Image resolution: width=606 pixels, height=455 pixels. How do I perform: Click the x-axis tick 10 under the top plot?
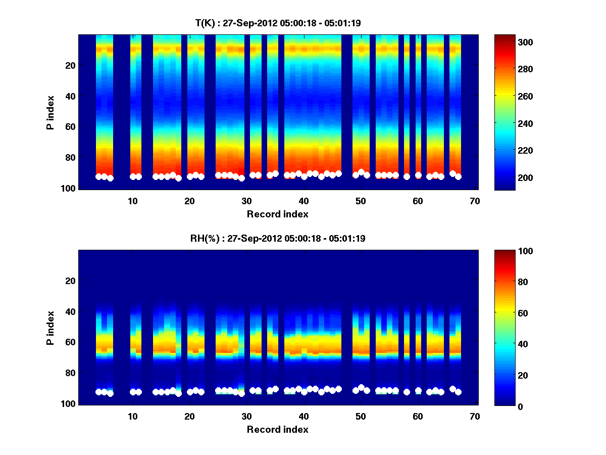133,201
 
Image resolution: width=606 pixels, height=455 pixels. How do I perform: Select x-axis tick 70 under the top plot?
475,201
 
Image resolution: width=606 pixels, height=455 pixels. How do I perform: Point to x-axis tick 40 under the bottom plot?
304,416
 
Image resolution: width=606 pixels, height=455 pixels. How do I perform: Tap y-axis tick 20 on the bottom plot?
70,281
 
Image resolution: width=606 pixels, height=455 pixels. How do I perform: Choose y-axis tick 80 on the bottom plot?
70,373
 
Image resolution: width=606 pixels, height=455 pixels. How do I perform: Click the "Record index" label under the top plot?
277,214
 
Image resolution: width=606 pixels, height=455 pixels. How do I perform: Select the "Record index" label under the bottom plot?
277,429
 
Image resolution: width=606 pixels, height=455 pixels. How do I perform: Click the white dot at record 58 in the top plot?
407,176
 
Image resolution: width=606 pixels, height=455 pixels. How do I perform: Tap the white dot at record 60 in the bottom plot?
418,391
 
